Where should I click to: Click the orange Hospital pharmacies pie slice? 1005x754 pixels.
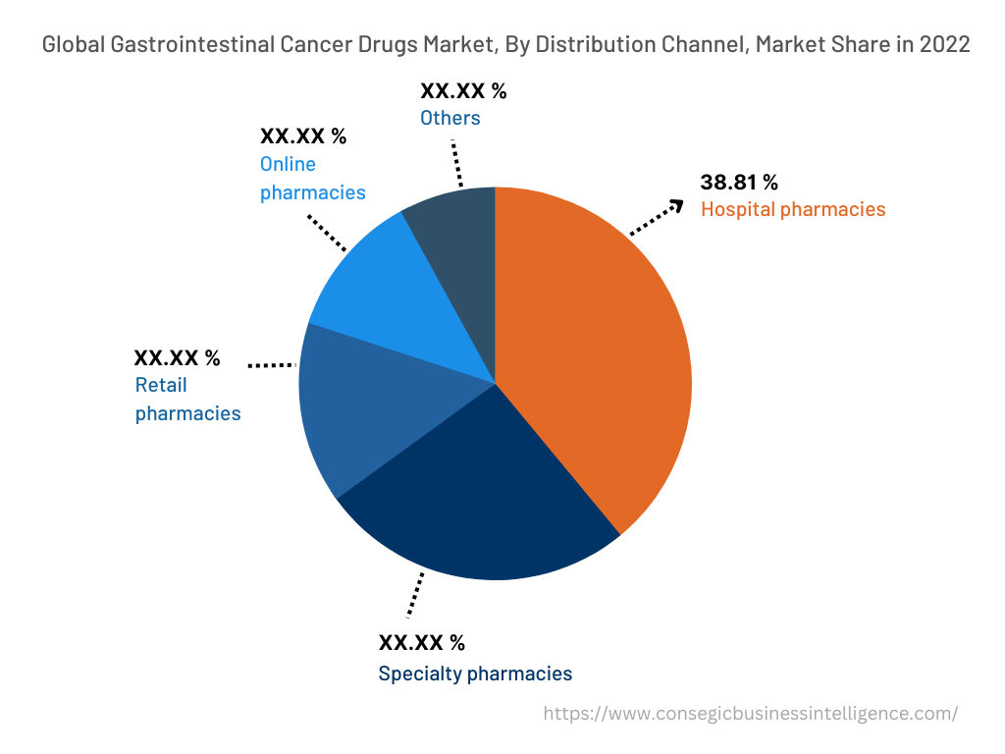(599, 363)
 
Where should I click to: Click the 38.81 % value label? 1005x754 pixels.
(738, 183)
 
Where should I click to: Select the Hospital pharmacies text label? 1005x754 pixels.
(792, 209)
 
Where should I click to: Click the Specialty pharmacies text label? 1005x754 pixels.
(475, 673)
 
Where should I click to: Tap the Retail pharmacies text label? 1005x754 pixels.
(187, 400)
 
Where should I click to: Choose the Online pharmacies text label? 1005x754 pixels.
(312, 179)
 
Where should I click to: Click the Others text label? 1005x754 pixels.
(450, 118)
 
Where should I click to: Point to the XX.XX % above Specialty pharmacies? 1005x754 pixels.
(422, 643)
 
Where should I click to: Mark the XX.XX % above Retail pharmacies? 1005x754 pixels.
(177, 358)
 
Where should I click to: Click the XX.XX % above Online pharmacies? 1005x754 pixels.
(302, 136)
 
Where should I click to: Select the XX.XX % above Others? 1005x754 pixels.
(463, 91)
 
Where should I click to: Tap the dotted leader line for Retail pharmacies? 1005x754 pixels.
(272, 364)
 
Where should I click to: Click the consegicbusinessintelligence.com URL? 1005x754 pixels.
(751, 714)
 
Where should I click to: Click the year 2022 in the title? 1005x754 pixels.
(945, 45)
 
